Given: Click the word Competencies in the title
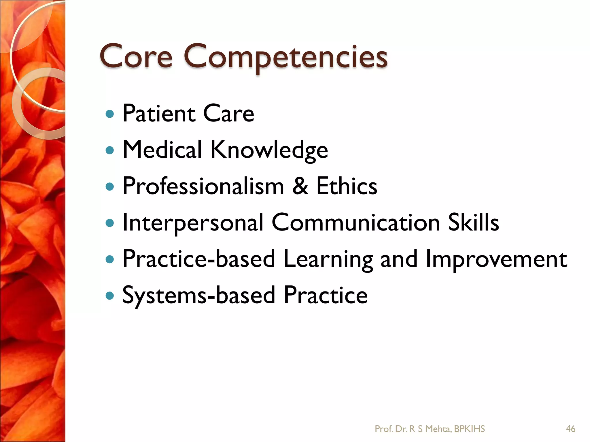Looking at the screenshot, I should point(285,58).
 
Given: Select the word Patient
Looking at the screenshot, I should point(159,113).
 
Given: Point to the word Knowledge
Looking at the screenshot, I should point(269,150).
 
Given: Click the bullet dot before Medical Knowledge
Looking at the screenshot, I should point(110,150).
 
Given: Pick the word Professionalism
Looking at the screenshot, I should point(203,186).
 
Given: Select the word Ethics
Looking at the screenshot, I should point(347,186).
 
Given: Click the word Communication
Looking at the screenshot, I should point(355,222).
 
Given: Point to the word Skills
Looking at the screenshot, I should point(473,222).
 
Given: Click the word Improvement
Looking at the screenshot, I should point(496,259).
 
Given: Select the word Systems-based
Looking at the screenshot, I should point(199,296).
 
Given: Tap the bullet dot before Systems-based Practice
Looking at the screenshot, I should point(110,296).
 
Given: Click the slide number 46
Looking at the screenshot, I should point(570,429).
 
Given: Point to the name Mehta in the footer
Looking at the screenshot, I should point(438,429).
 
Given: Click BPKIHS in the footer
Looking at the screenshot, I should point(469,429).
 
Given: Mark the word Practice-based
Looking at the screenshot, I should point(199,259).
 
